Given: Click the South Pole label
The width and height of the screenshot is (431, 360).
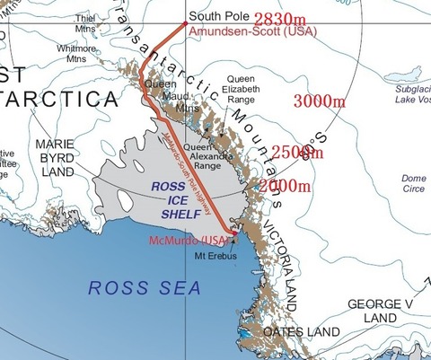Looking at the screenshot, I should click(x=216, y=14).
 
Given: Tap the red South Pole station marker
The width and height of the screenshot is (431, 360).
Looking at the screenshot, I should click(x=184, y=23).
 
